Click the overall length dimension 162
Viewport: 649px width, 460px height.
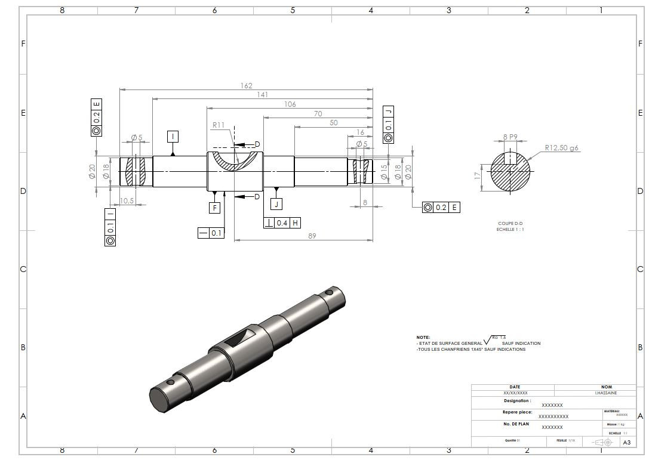pyautogui.click(x=246, y=86)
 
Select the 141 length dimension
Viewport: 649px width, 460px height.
pyautogui.click(x=262, y=94)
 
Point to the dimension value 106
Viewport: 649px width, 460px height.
pyautogui.click(x=290, y=104)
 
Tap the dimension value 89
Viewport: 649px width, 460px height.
pyautogui.click(x=312, y=236)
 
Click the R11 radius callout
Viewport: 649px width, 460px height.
pyautogui.click(x=218, y=125)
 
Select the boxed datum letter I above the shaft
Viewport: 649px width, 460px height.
pyautogui.click(x=173, y=137)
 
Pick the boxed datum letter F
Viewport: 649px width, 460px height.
pyautogui.click(x=215, y=208)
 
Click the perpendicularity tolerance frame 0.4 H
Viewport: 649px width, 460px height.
pyautogui.click(x=282, y=223)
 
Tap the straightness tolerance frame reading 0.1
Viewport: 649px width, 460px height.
pyautogui.click(x=211, y=233)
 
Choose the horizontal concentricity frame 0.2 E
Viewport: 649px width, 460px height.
pyautogui.click(x=441, y=207)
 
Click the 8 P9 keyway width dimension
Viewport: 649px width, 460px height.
pyautogui.click(x=510, y=137)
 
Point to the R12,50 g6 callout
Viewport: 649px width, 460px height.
pyautogui.click(x=561, y=147)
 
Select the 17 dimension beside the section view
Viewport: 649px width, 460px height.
pyautogui.click(x=476, y=176)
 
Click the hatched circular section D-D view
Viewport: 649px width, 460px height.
pyautogui.click(x=510, y=172)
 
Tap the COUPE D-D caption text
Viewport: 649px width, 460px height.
pyautogui.click(x=510, y=224)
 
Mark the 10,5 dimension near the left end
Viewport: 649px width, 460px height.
pyautogui.click(x=127, y=200)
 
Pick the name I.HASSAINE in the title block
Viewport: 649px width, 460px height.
pyautogui.click(x=606, y=393)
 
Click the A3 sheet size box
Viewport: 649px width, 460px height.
pyautogui.click(x=626, y=442)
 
